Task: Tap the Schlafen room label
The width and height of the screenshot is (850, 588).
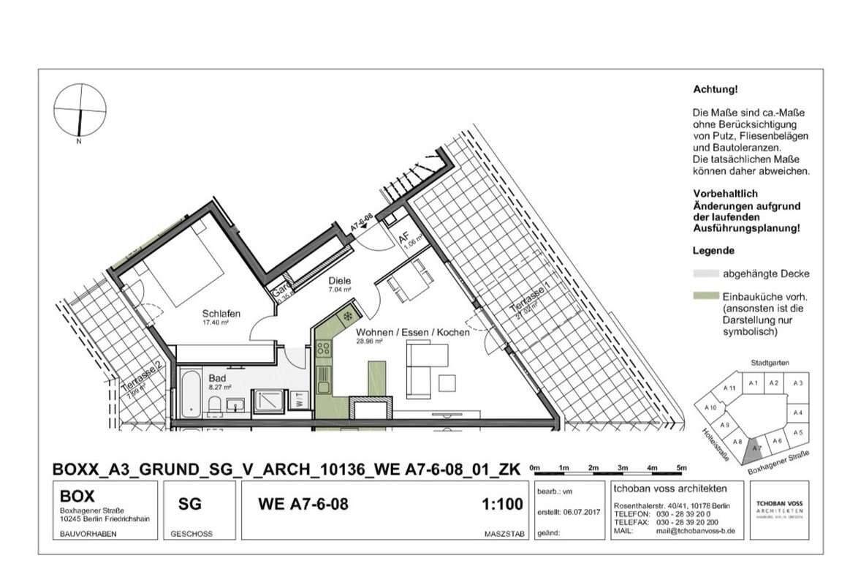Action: click(x=221, y=314)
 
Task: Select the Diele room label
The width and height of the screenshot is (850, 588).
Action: click(x=340, y=281)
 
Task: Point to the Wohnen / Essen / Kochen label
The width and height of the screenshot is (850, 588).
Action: click(x=412, y=332)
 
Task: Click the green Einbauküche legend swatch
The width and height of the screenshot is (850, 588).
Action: click(x=704, y=298)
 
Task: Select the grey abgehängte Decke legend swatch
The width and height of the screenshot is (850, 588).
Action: click(x=704, y=274)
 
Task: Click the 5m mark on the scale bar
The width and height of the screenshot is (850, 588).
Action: click(x=681, y=467)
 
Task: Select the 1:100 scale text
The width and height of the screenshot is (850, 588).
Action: click(x=502, y=504)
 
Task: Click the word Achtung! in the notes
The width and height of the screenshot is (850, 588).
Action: click(x=715, y=89)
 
